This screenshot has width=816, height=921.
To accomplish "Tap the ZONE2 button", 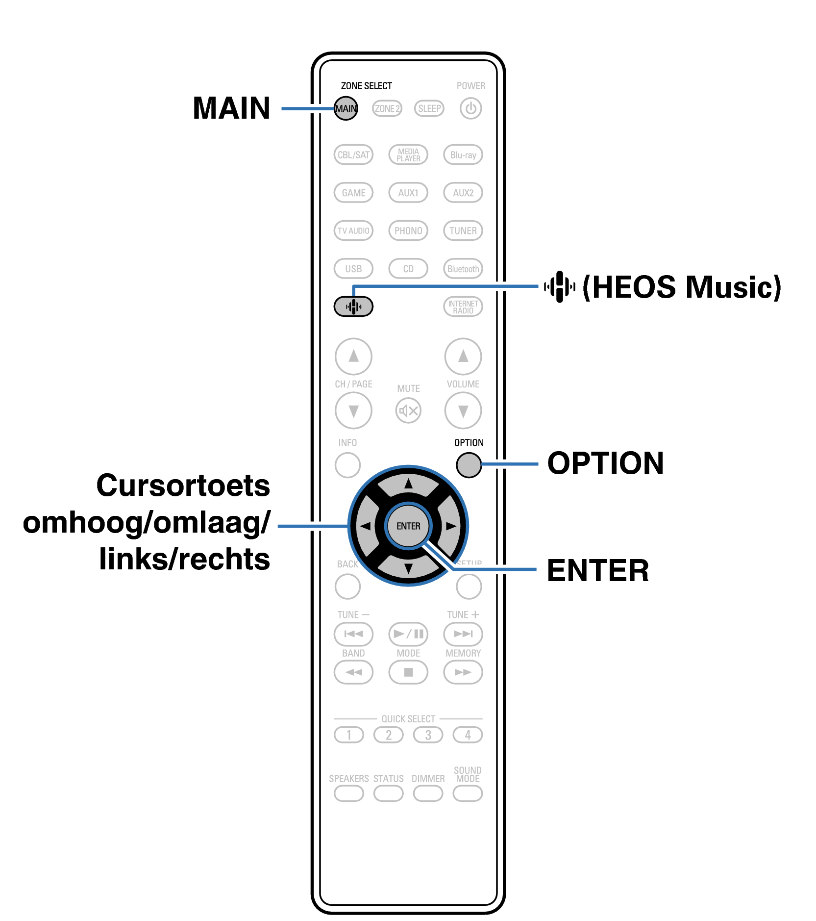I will [x=387, y=108].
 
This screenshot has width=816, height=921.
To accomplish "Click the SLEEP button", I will [x=429, y=108].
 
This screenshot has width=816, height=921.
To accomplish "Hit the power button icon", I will [x=470, y=108].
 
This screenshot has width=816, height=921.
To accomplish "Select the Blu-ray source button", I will [x=463, y=155].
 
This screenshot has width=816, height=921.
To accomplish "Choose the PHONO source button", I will [x=408, y=230].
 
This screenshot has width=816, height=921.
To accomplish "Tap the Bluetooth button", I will [x=463, y=269].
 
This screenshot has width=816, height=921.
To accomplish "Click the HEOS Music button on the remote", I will [x=353, y=307].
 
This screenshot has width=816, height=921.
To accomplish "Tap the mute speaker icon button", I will [x=408, y=410].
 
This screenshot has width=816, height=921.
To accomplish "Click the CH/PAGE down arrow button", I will [x=353, y=410].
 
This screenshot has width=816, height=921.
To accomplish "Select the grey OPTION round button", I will [x=469, y=465].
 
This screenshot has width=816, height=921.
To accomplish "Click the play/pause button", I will [x=408, y=634].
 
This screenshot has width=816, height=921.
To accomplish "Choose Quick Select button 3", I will [x=428, y=735].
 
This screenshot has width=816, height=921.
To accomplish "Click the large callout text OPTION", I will [x=605, y=463].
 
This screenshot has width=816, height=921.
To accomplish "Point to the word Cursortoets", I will [x=183, y=486].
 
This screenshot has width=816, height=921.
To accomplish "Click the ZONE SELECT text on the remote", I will [x=366, y=86].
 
